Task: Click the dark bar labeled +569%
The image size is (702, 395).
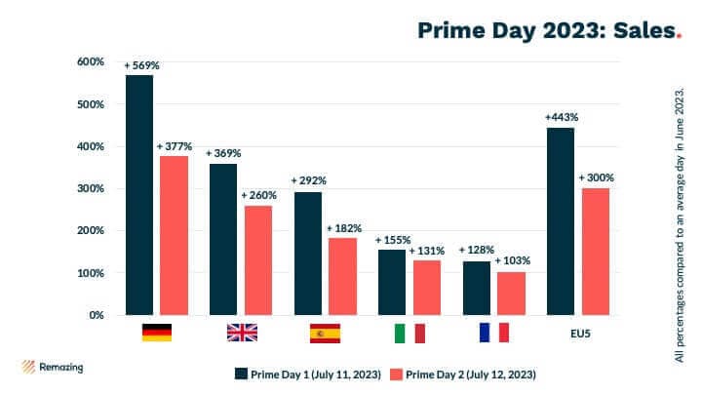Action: coord(139,195)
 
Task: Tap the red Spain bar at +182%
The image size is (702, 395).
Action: coord(342,276)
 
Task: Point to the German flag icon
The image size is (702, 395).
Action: coord(157,334)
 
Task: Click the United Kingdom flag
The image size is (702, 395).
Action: coord(242,334)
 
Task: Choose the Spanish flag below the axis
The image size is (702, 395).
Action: coord(326,334)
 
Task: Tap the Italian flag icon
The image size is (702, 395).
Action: coord(409,334)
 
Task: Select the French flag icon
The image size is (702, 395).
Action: coord(494,334)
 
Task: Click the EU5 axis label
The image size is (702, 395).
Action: coord(578,334)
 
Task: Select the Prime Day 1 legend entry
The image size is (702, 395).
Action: coord(303,374)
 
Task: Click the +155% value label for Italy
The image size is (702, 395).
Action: coord(393,239)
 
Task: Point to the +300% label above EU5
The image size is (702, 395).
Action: coord(596,178)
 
